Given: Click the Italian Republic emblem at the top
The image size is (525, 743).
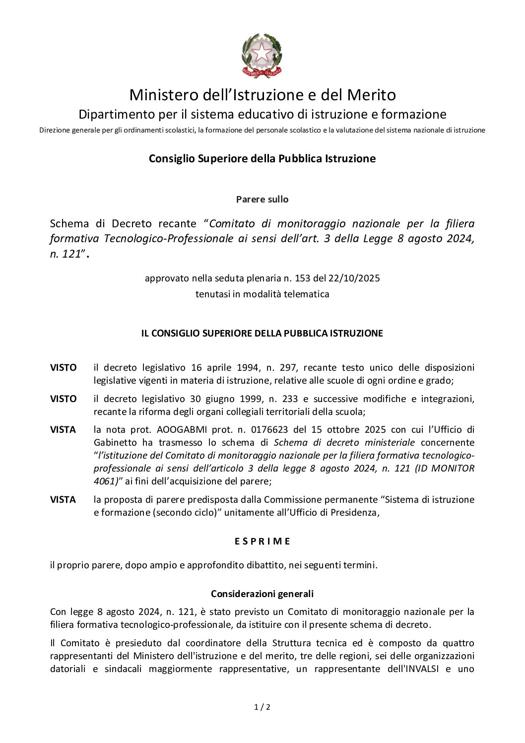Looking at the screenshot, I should click(262, 56).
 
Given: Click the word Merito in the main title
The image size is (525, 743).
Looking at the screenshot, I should click(371, 94).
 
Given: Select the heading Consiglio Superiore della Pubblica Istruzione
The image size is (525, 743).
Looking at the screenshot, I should click(262, 159).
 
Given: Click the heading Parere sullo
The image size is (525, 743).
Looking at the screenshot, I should click(262, 199).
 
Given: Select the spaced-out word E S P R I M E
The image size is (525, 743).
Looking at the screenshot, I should click(262, 541).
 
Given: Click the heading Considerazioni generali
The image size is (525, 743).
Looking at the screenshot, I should click(262, 594).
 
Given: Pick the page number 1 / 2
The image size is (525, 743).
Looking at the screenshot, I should click(262, 707).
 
